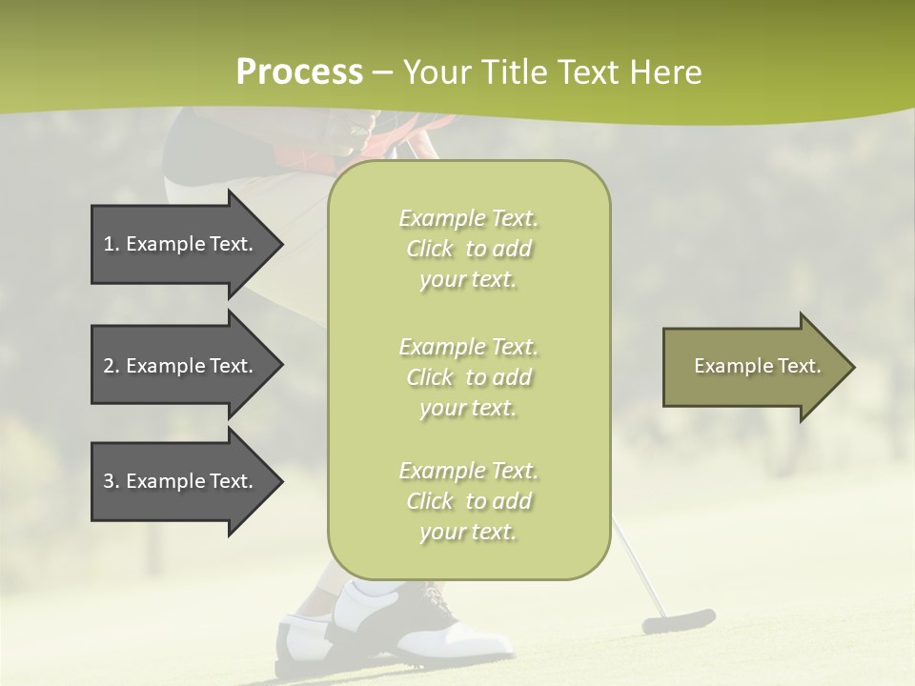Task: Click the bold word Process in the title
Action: coord(299,72)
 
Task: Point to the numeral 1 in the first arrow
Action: coord(109,244)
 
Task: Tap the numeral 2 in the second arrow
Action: coord(109,366)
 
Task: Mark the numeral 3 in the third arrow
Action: coord(109,481)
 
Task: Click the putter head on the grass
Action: coord(678,621)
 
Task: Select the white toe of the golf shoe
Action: coord(477,637)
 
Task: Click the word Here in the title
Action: coord(666,72)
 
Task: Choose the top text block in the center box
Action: coord(468,249)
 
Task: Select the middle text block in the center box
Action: coord(468,377)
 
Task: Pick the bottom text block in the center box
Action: coord(468,501)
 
